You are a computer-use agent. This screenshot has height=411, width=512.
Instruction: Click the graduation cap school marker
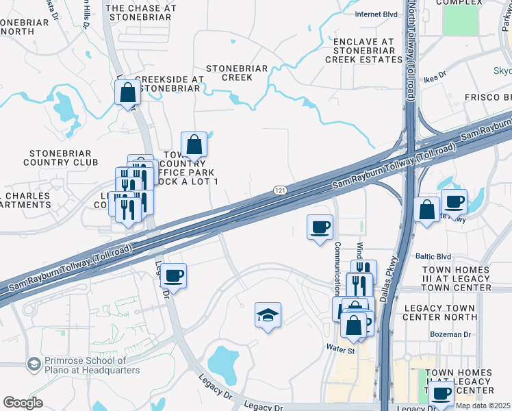click(268, 316)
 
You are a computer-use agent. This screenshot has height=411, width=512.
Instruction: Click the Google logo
click(23, 403)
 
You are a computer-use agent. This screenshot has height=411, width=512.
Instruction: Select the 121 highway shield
click(279, 190)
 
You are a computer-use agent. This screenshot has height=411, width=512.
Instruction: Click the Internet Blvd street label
click(376, 14)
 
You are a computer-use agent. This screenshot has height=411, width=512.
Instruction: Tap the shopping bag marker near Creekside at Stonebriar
click(128, 92)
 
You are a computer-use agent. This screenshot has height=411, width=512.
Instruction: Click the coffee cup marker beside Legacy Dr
click(174, 276)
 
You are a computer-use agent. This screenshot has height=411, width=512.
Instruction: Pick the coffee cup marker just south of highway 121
click(320, 227)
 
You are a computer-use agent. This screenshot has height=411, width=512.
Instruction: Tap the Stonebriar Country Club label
click(60, 158)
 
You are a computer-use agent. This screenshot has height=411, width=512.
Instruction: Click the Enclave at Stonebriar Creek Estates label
click(363, 51)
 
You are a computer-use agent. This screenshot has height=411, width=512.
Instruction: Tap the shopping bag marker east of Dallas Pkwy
click(426, 210)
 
